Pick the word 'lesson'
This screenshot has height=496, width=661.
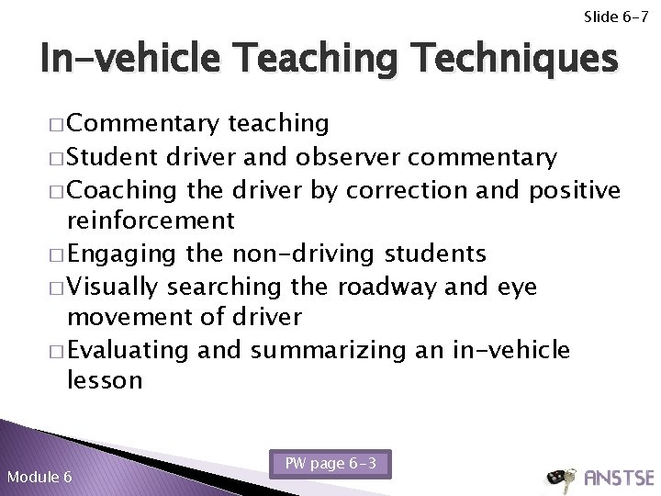(105, 381)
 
